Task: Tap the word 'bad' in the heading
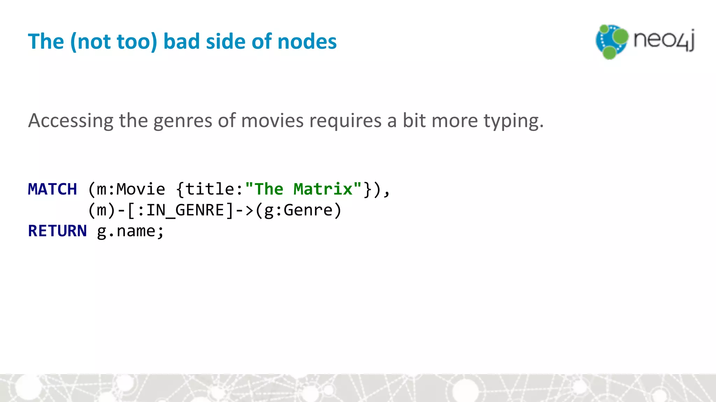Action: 182,42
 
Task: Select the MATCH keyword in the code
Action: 52,189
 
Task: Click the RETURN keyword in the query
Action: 57,231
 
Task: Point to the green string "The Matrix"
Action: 303,189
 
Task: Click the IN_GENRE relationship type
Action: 185,210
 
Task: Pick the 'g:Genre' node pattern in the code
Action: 298,210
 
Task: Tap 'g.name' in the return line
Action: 126,231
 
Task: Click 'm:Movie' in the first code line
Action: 131,189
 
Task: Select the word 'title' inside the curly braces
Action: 209,189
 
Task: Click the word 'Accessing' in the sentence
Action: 71,121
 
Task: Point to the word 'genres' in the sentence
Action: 182,121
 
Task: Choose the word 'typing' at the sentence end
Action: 511,121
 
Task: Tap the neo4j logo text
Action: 664,40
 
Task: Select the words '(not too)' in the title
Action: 114,42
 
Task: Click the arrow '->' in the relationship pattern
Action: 244,210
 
